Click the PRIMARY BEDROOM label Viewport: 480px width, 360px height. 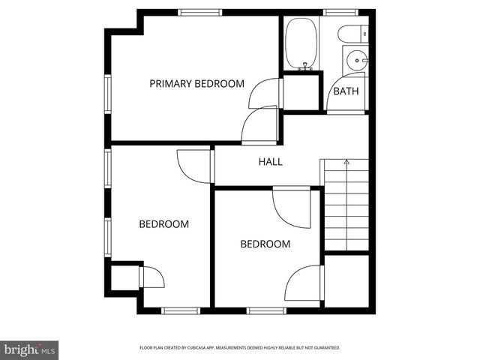pyautogui.click(x=196, y=83)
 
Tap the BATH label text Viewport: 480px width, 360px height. pyautogui.click(x=346, y=91)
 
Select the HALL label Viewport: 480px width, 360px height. pyautogui.click(x=271, y=161)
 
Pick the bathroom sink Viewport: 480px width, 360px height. pyautogui.click(x=355, y=59)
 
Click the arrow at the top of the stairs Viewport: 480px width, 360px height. pyautogui.click(x=346, y=162)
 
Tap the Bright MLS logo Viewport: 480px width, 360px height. pyautogui.click(x=30, y=349)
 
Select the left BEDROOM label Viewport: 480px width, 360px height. pyautogui.click(x=163, y=223)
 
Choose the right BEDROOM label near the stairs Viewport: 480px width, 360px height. pyautogui.click(x=265, y=244)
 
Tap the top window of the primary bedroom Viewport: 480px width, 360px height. pyautogui.click(x=200, y=12)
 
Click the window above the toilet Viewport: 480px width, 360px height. pyautogui.click(x=340, y=12)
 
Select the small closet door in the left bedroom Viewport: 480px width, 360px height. pyautogui.click(x=151, y=277)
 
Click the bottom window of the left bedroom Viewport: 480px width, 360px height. pyautogui.click(x=181, y=310)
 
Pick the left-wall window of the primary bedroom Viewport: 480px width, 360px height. pyautogui.click(x=108, y=93)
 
